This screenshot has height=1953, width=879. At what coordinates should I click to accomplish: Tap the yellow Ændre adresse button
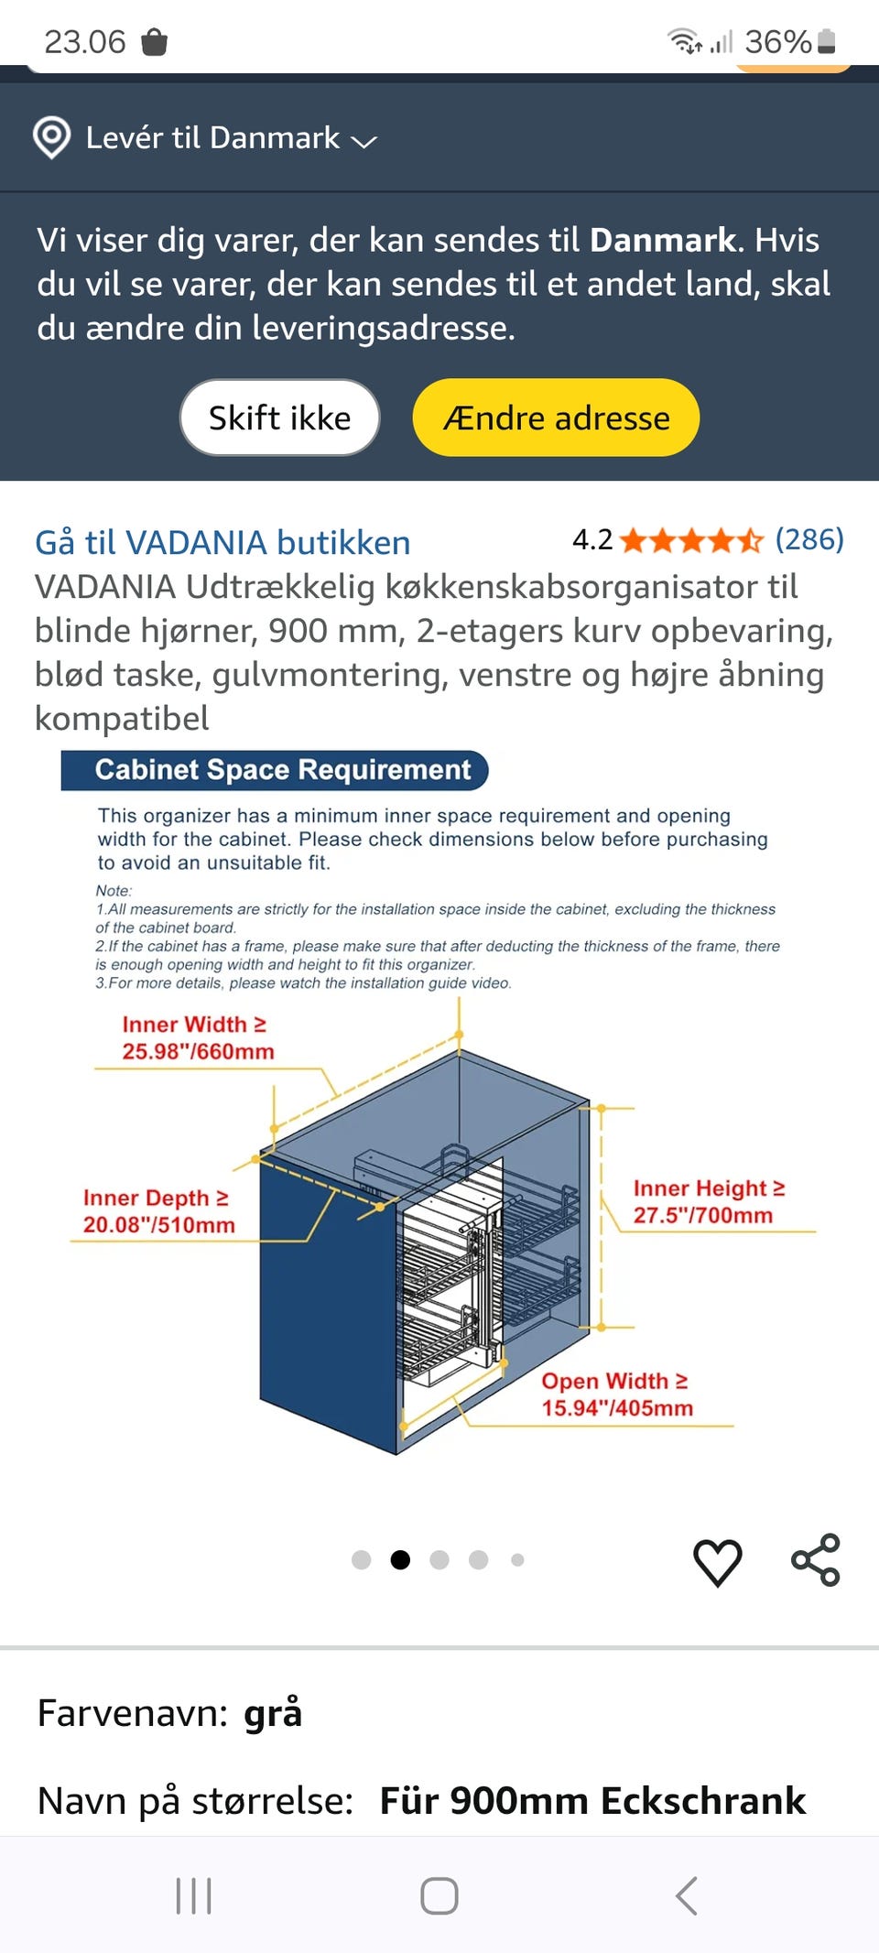pyautogui.click(x=556, y=418)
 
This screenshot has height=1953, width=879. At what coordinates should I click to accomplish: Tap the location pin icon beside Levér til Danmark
pyautogui.click(x=51, y=137)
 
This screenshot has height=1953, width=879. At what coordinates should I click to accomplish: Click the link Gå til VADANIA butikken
pyautogui.click(x=222, y=542)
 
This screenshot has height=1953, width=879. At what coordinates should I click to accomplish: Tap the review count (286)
pyautogui.click(x=808, y=539)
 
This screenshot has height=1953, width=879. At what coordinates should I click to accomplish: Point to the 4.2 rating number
pyautogui.click(x=591, y=539)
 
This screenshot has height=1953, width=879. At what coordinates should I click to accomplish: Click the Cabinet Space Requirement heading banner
pyautogui.click(x=275, y=770)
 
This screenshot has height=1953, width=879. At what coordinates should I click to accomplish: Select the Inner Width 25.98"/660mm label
pyautogui.click(x=197, y=1037)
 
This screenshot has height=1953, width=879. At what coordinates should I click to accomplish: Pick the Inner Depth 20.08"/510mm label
pyautogui.click(x=158, y=1210)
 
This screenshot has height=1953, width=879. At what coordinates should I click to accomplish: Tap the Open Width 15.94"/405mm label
pyautogui.click(x=616, y=1394)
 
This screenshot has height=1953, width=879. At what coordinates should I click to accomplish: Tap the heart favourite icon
pyautogui.click(x=717, y=1561)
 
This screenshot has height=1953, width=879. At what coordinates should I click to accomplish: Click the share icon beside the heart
pyautogui.click(x=815, y=1559)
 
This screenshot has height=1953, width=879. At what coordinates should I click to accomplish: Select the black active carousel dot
pyautogui.click(x=400, y=1559)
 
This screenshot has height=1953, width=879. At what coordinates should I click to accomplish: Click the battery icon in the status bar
pyautogui.click(x=826, y=41)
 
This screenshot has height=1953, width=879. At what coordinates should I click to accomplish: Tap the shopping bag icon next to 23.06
pyautogui.click(x=154, y=41)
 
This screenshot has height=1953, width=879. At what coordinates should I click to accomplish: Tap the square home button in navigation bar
pyautogui.click(x=439, y=1895)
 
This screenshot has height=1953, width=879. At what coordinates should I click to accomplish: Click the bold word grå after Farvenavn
pyautogui.click(x=272, y=1712)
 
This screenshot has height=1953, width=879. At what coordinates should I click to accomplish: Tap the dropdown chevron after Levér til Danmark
pyautogui.click(x=364, y=141)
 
